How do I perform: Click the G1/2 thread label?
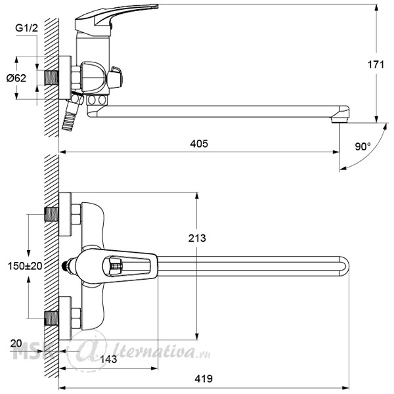tap(27, 28)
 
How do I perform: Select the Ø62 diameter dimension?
tap(16, 78)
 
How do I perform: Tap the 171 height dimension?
tap(376, 65)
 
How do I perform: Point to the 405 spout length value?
tap(199, 144)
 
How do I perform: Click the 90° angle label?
tap(362, 146)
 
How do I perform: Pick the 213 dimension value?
tap(197, 238)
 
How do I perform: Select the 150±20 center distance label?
tap(25, 266)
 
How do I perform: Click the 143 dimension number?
tap(108, 359)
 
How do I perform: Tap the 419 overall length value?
tap(204, 379)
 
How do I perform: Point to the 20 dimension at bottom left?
tap(16, 343)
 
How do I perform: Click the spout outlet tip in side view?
tap(340, 120)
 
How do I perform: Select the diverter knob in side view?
tap(115, 77)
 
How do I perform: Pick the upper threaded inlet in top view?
tap(51, 214)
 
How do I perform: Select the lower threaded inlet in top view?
tap(51, 318)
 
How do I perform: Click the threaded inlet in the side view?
tap(51, 77)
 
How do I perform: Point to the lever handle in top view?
tap(116, 267)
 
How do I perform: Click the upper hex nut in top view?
tap(76, 214)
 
